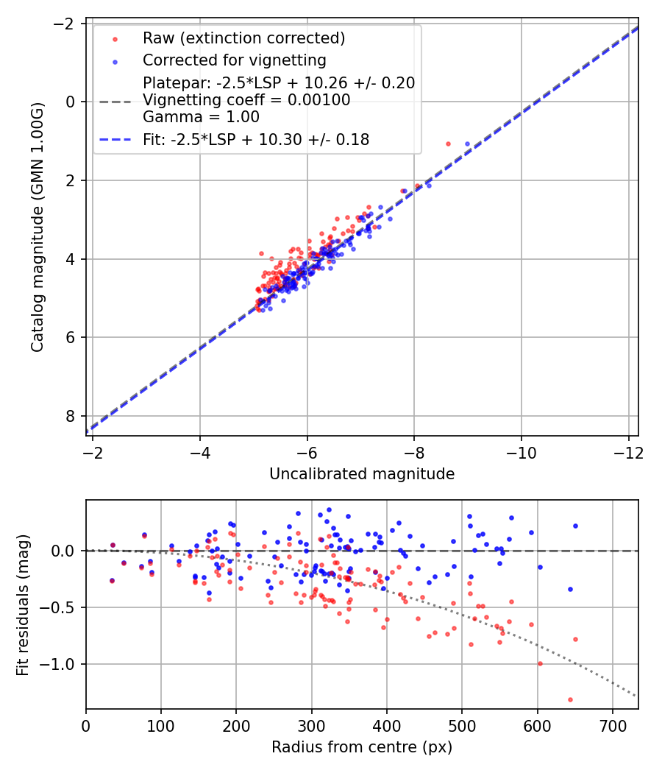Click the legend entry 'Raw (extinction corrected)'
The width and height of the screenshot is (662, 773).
point(243,38)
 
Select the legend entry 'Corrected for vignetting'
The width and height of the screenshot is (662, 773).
point(234,60)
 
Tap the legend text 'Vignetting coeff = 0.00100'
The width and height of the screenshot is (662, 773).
point(246,100)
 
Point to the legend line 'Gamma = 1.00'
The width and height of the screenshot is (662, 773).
point(201,116)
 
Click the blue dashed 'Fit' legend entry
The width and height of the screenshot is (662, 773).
point(255,139)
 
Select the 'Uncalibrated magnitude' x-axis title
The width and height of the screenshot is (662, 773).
point(361,474)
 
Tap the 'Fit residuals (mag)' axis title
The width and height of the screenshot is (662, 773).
point(23,604)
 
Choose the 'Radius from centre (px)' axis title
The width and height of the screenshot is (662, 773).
point(361,747)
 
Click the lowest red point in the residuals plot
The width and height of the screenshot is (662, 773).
point(570,699)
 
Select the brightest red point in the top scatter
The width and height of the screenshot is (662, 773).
point(448,144)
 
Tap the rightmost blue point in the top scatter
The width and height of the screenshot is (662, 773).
point(467,144)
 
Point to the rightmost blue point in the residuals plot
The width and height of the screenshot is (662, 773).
point(575,526)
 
